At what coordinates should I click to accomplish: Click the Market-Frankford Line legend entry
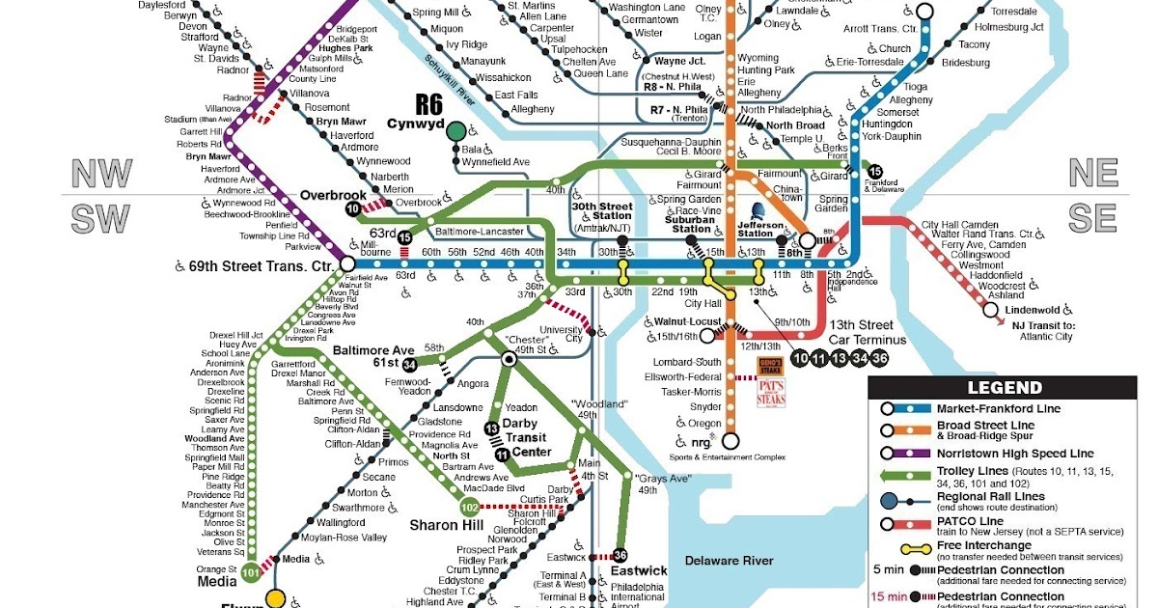click(x=999, y=409)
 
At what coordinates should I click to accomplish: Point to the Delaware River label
click(x=729, y=561)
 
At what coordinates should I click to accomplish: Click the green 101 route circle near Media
click(x=252, y=570)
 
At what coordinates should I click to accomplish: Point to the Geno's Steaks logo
click(x=770, y=367)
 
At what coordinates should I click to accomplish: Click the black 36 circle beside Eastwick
click(x=620, y=555)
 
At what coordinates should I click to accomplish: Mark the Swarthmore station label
click(x=358, y=508)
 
